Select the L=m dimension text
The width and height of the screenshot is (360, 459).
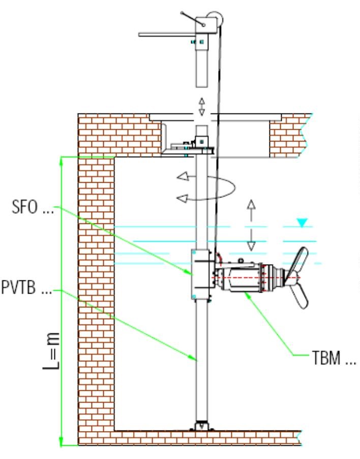[52, 351]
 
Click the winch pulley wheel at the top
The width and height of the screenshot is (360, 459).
[216, 19]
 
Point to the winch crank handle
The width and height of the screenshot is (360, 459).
[192, 19]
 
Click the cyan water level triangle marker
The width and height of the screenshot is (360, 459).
[302, 222]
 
